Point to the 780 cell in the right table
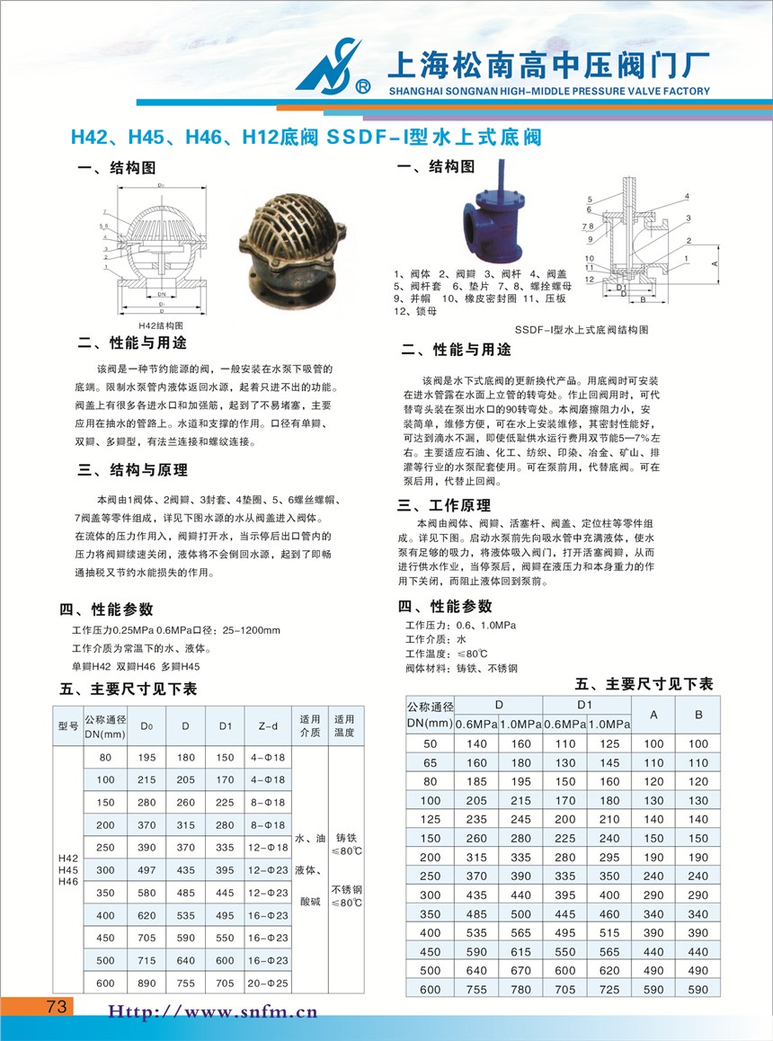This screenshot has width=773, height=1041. [x=521, y=989]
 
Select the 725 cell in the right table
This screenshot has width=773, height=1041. [x=609, y=989]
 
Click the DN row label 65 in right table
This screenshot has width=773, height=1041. [x=430, y=762]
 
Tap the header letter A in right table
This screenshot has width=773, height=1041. [x=653, y=715]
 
